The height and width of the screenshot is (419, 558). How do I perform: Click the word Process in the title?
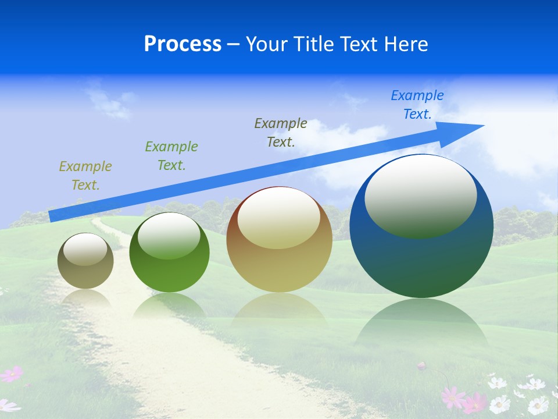click(x=183, y=44)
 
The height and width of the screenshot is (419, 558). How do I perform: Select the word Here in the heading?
click(x=405, y=44)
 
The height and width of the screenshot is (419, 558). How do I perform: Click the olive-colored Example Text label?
click(x=85, y=176)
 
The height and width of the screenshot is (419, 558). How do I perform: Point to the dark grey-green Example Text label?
click(x=281, y=132)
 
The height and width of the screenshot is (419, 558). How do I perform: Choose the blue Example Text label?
click(x=417, y=105)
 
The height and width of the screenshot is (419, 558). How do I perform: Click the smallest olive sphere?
click(x=85, y=274)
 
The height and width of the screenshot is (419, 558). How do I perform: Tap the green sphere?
click(x=169, y=274)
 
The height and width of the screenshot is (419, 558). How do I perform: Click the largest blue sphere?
click(x=421, y=262)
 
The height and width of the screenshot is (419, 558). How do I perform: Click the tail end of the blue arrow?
click(x=53, y=216)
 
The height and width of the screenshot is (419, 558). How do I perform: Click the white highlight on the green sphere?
click(x=169, y=235)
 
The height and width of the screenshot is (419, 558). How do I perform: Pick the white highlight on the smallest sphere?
click(x=85, y=250)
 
